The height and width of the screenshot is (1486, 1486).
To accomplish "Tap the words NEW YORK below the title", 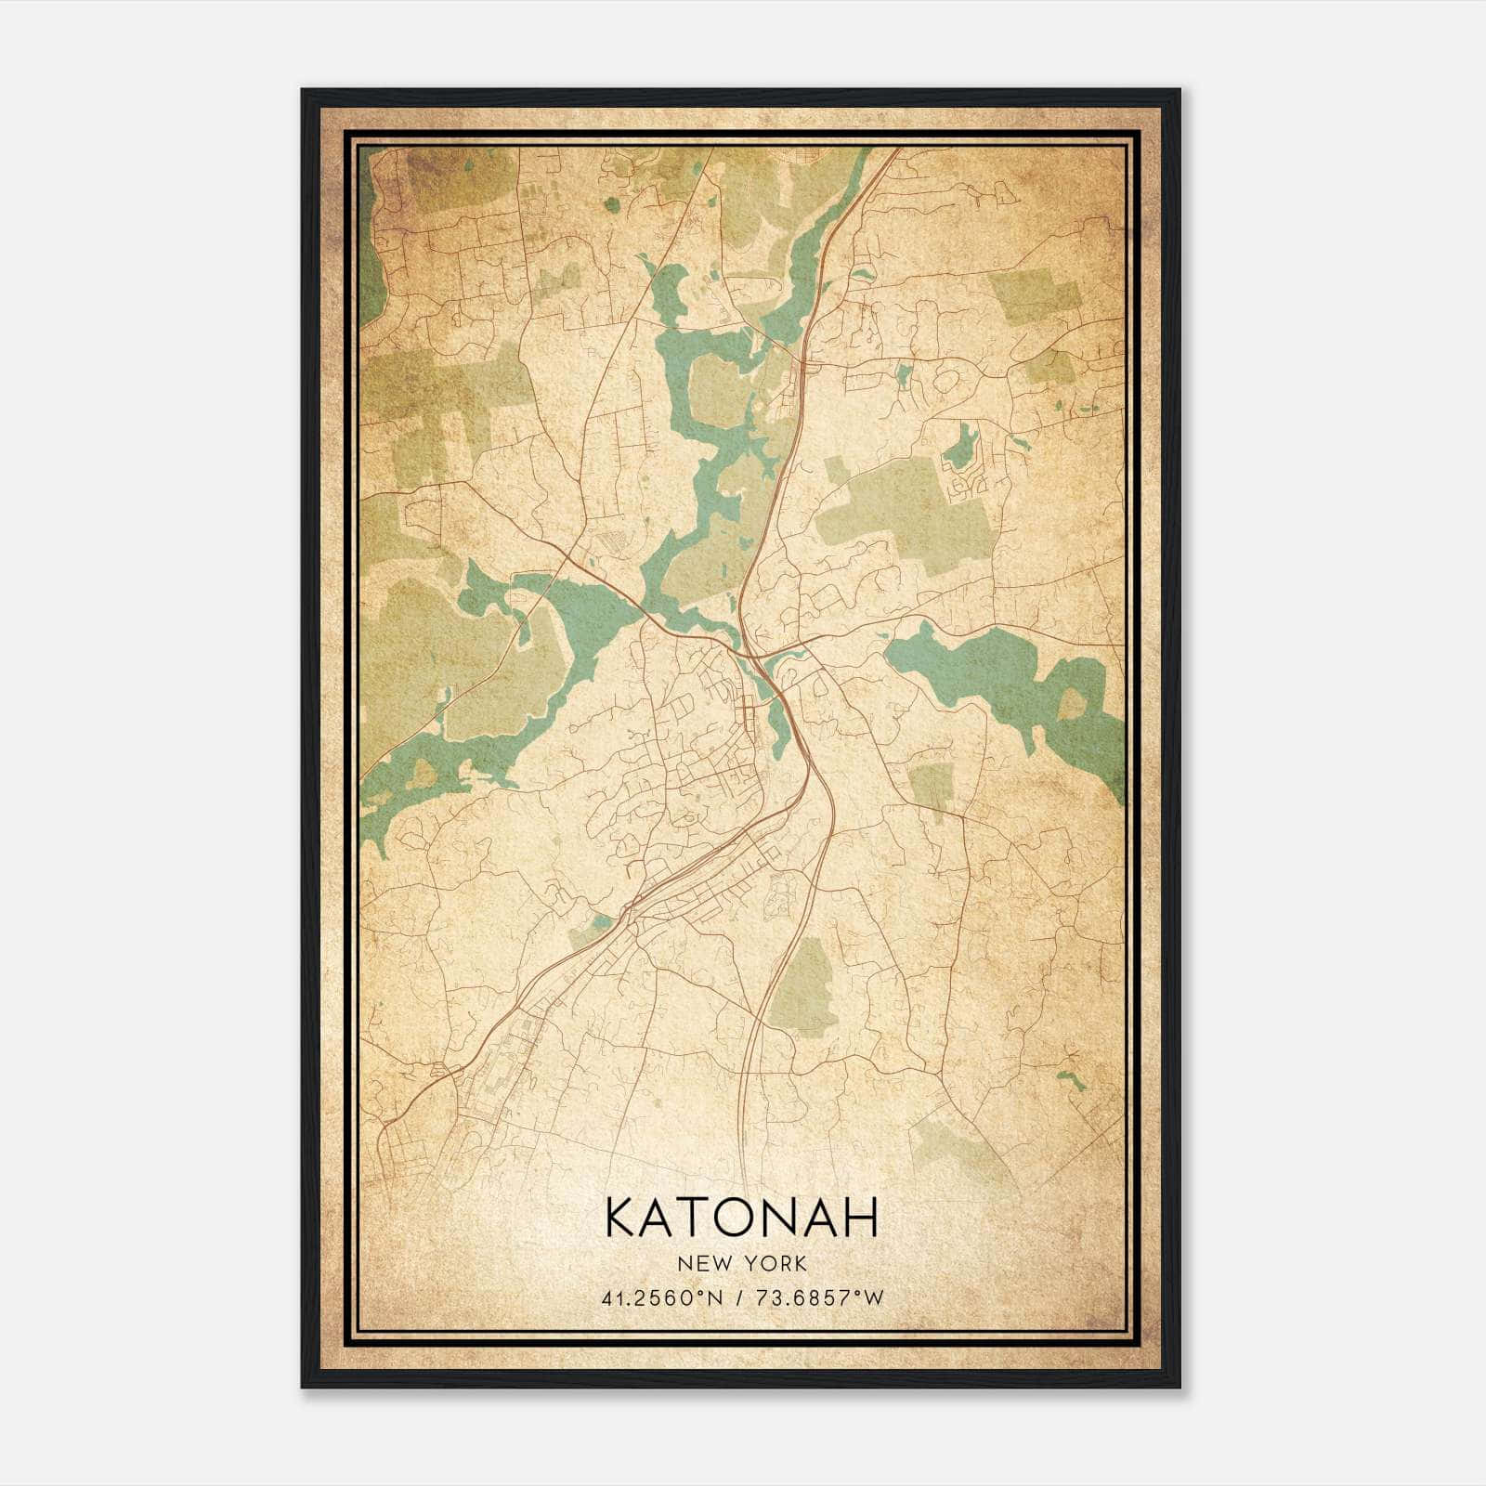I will pos(741,1263).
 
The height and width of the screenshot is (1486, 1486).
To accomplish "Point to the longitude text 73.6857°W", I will pos(822,1297).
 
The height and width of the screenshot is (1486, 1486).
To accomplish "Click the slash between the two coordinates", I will pos(738,1297).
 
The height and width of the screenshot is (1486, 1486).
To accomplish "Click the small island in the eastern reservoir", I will pos(1071,703).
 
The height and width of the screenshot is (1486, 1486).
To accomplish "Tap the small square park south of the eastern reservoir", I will pos(932,786).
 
